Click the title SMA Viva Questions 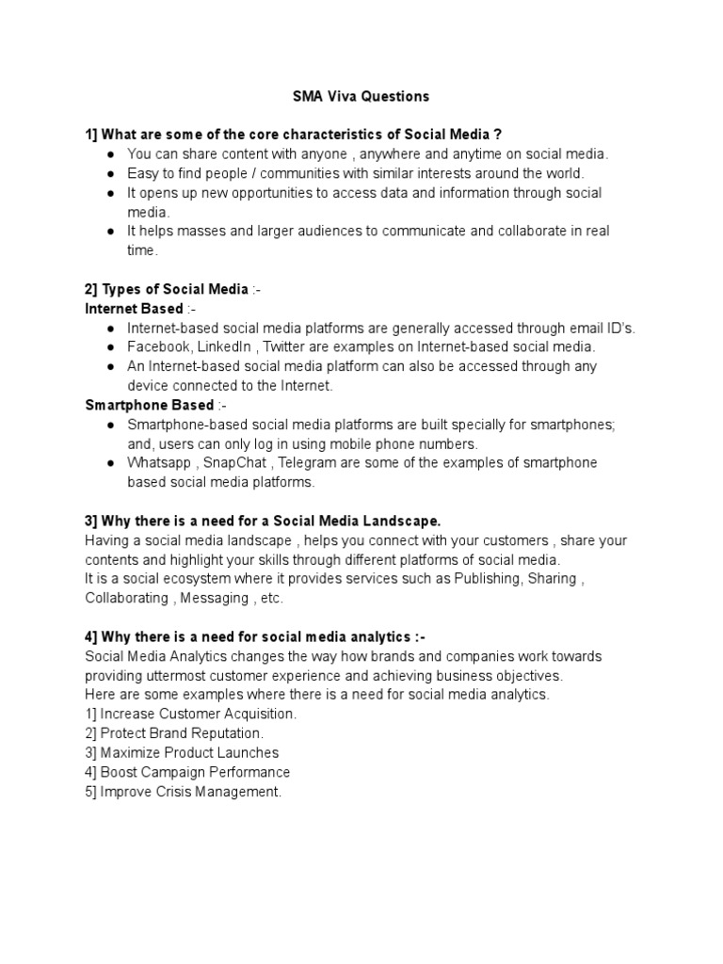(x=361, y=96)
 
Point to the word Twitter (x=291, y=346)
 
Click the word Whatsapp (x=162, y=463)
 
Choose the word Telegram (x=313, y=463)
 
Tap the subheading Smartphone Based (x=150, y=405)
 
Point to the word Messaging (x=215, y=598)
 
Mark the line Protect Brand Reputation (x=174, y=733)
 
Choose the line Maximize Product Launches (x=182, y=753)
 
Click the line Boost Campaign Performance (x=187, y=772)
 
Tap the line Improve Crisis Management (x=184, y=792)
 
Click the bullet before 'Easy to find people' (x=110, y=174)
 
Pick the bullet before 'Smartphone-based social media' (x=110, y=426)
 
